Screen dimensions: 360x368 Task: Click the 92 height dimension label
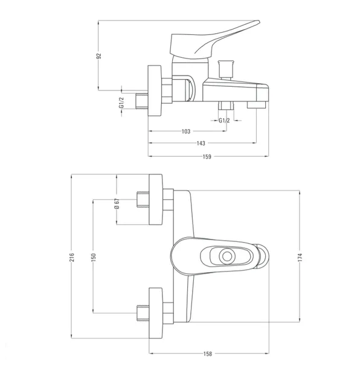coord(99,56)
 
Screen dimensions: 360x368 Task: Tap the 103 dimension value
coord(186,132)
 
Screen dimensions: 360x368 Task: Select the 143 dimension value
coord(201,143)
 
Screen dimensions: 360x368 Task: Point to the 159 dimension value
coord(207,156)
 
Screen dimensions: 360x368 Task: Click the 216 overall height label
coord(72,257)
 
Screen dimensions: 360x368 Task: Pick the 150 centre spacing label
coord(93,257)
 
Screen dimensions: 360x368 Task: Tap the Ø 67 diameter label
coord(117,203)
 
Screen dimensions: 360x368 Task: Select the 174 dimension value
coord(300,258)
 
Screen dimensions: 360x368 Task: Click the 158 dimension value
coord(208,354)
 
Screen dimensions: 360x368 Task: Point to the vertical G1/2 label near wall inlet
coord(121,103)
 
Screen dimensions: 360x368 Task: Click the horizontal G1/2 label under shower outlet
coord(224,121)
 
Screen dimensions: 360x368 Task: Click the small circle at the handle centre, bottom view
coord(227,256)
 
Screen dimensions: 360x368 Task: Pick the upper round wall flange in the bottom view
coord(156,199)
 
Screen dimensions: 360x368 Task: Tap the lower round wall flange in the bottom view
coord(156,313)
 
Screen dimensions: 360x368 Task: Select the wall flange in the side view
coord(155,90)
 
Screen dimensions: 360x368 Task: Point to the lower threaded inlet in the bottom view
coord(143,313)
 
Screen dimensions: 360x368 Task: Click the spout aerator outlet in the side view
coord(256,105)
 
